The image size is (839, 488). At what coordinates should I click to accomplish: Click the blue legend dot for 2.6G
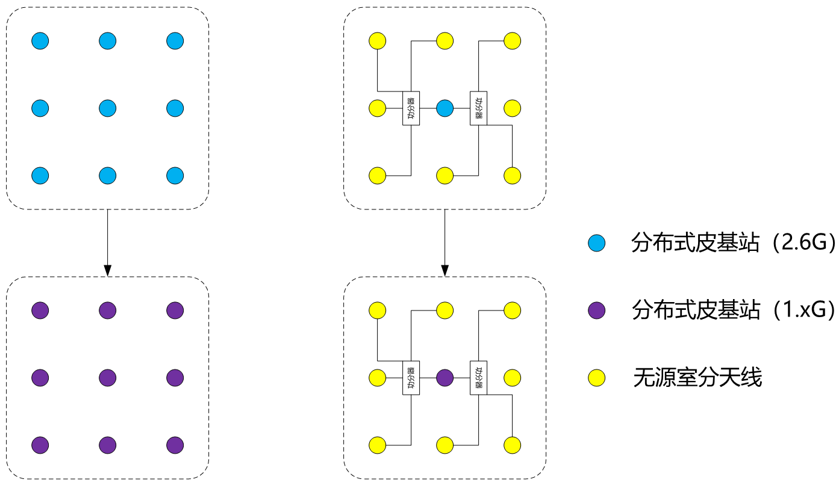[597, 243]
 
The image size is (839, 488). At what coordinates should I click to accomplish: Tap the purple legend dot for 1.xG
[597, 310]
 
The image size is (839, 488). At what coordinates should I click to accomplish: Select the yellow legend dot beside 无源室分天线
[597, 378]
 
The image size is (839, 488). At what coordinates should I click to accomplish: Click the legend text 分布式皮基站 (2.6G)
[733, 243]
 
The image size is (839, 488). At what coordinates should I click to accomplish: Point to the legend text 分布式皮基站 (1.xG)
[733, 310]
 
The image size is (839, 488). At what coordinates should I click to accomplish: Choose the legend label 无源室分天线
[697, 377]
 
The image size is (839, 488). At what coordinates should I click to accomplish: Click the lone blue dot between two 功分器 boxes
[444, 108]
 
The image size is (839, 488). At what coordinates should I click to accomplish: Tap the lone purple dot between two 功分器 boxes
[444, 378]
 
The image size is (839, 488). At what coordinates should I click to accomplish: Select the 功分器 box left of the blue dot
[411, 108]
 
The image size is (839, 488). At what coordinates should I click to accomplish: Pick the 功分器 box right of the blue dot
[478, 108]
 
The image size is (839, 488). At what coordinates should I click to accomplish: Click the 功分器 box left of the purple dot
[411, 378]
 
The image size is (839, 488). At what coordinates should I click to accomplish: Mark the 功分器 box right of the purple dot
[478, 378]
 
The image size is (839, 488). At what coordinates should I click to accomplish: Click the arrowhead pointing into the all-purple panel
[107, 271]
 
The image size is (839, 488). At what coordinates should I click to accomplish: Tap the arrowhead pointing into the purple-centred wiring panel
[444, 271]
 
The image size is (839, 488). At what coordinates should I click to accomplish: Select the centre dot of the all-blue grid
[107, 108]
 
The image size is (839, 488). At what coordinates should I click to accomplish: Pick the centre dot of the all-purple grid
[107, 378]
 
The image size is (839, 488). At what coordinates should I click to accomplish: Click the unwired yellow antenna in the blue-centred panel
[512, 108]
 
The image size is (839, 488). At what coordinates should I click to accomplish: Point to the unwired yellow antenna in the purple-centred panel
[512, 378]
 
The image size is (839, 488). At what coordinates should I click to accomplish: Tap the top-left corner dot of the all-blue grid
[40, 41]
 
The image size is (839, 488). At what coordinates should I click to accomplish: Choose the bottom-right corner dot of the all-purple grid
[175, 445]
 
